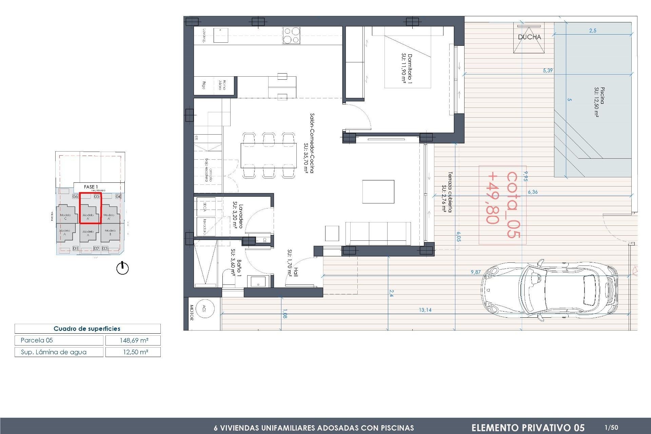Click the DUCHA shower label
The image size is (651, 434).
pos(529,37)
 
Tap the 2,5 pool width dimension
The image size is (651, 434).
pos(592,31)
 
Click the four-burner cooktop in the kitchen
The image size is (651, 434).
pos(291,35)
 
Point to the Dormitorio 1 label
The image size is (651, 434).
pos(407,68)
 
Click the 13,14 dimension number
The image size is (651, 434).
pos(425,310)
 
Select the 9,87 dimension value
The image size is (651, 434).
pos(475,272)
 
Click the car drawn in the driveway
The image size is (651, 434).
pos(549,291)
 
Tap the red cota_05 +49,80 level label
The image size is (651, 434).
pos(502,205)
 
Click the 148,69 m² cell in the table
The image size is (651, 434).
pos(133,340)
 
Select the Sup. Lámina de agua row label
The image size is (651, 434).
pos(54,352)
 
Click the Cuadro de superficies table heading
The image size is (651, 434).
pos(87,329)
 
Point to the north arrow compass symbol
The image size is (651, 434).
pos(122,268)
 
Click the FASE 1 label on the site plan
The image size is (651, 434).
pos(91,187)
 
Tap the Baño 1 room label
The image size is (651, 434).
pos(236,263)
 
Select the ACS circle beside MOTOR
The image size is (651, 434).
pos(205,309)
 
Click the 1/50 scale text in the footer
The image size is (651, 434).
pos(611,428)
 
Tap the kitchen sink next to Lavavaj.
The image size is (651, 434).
pos(221,35)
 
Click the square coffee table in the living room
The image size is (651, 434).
pos(378,192)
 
